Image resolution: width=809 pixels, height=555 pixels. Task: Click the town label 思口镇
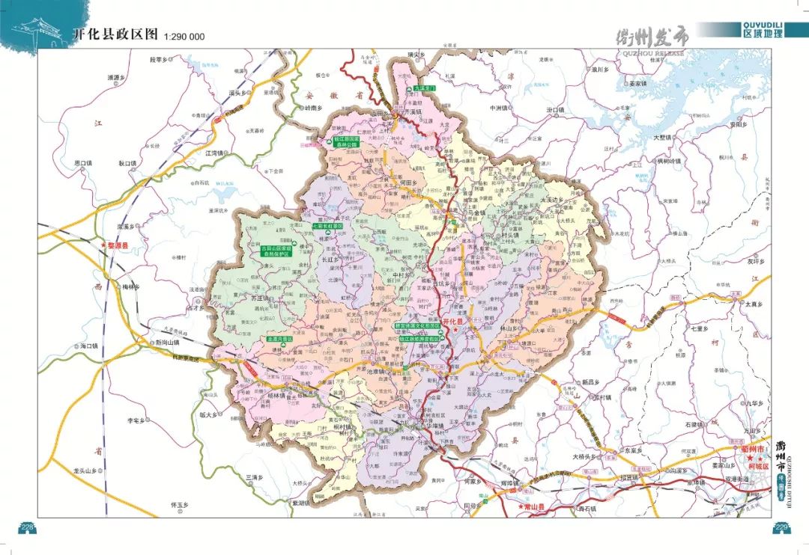tap(83, 162)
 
